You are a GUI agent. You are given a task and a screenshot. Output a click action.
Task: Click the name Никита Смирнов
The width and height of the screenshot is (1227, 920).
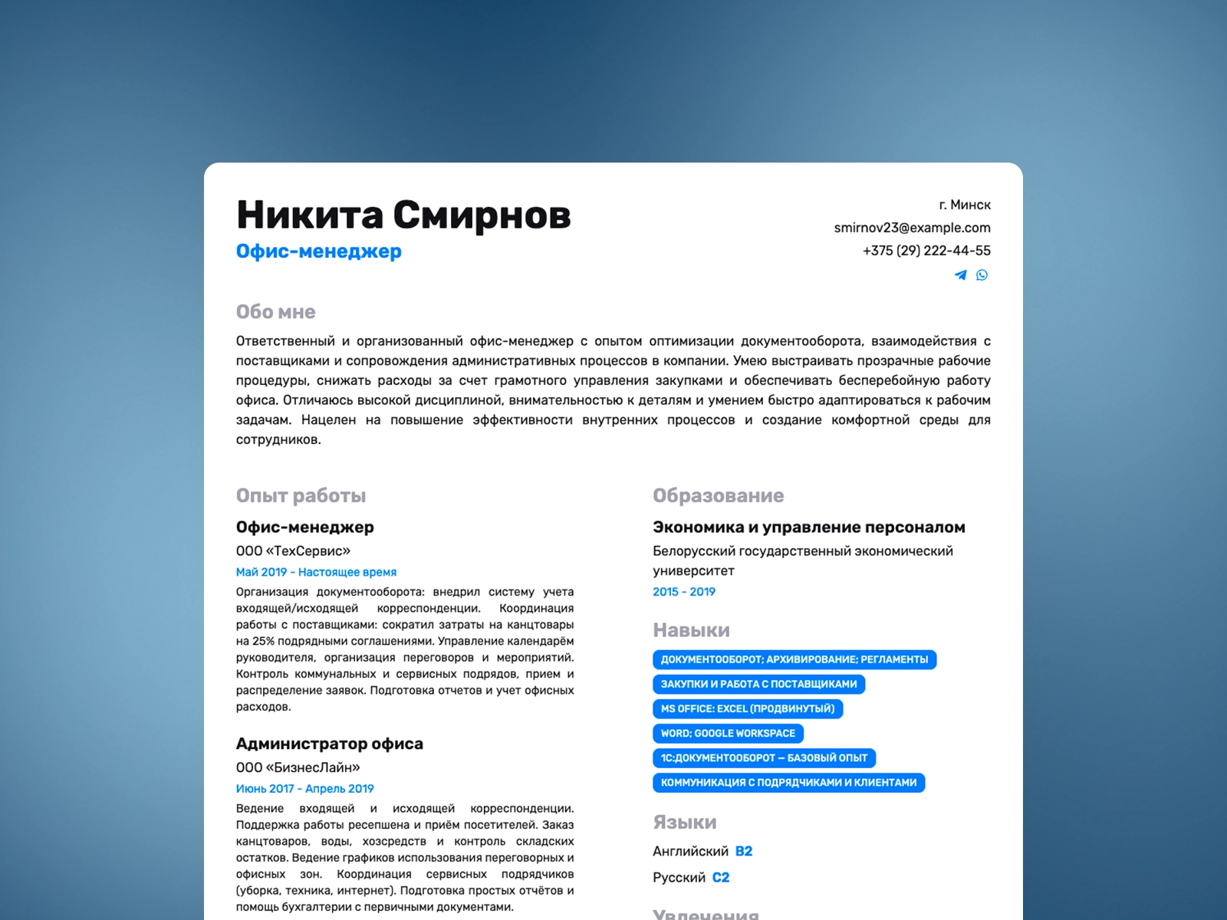(403, 215)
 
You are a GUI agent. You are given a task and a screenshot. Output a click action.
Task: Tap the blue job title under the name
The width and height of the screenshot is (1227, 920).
(318, 251)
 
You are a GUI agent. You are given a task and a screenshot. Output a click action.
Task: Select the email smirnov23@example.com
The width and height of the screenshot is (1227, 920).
(912, 228)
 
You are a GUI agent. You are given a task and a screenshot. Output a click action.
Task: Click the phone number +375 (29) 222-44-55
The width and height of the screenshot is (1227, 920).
(926, 251)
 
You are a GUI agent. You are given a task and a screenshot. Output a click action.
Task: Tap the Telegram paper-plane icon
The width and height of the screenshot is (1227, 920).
(960, 275)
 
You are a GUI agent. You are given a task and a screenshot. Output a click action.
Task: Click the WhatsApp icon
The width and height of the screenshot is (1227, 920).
(982, 275)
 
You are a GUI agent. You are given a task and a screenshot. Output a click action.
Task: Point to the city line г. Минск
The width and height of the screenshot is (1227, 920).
(965, 205)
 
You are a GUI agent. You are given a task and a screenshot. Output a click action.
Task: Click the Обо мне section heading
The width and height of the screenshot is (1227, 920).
(275, 312)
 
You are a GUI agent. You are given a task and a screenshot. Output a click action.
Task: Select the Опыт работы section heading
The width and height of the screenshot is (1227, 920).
(301, 496)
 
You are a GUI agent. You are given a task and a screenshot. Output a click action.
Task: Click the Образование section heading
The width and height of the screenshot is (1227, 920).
(718, 496)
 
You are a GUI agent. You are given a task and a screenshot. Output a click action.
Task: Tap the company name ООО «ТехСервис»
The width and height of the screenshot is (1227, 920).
(293, 551)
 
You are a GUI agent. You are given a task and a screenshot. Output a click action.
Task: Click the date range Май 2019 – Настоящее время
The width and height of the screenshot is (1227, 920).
(316, 572)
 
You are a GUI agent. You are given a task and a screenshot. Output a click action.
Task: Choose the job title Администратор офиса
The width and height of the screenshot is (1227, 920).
(329, 744)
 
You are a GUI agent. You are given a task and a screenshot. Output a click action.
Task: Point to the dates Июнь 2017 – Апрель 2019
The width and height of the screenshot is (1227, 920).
(304, 789)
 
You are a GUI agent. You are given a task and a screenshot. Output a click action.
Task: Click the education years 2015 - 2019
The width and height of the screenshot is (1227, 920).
(683, 592)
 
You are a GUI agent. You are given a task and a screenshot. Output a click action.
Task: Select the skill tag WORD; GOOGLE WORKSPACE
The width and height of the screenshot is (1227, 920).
(728, 734)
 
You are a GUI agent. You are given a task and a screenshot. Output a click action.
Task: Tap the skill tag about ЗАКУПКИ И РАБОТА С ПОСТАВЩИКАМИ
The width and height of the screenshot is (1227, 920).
(758, 684)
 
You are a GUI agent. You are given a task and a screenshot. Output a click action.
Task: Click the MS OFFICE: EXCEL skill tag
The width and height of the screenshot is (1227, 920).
(747, 709)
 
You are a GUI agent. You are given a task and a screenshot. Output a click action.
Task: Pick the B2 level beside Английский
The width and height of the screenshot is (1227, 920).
(743, 852)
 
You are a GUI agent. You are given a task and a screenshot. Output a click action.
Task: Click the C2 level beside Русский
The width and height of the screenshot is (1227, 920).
(720, 878)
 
